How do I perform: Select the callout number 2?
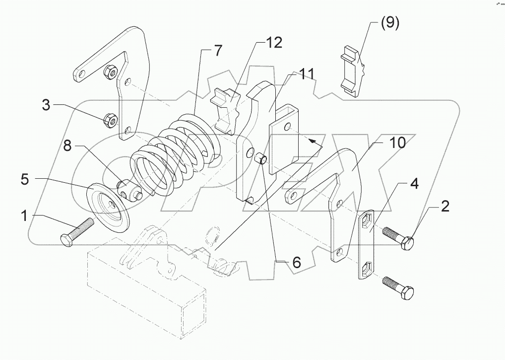point(445,207)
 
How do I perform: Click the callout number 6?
point(296,263)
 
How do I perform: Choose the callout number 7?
point(218,50)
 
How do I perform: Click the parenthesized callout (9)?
point(389,23)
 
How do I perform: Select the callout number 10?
point(398,143)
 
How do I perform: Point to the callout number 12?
point(273,43)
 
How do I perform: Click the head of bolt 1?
point(66,238)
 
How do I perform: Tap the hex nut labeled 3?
point(109,119)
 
